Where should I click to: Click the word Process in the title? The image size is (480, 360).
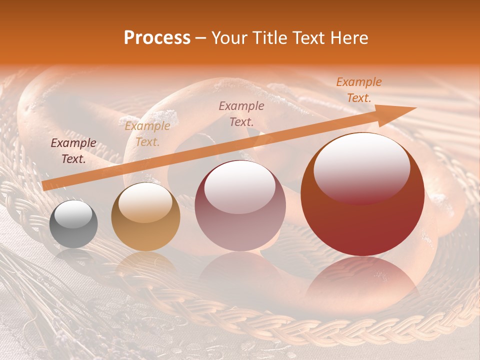(157, 38)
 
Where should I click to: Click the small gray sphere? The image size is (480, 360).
(73, 223)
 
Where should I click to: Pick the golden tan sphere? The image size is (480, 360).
(145, 217)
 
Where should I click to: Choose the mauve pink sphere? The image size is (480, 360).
(240, 205)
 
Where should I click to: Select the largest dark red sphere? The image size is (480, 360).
(362, 194)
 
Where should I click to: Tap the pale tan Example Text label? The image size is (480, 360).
(147, 134)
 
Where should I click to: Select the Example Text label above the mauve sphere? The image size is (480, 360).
(241, 113)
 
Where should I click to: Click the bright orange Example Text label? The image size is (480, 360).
(359, 90)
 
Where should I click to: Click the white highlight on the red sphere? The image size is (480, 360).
(361, 167)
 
